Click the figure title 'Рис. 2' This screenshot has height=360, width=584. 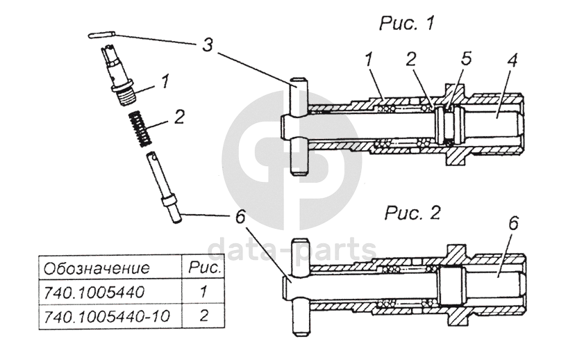tap(412, 212)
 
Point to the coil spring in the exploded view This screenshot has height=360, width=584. tap(140, 130)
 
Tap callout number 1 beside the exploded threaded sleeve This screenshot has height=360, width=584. tap(165, 81)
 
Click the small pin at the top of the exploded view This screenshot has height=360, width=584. tap(102, 34)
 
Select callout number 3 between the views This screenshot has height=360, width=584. tap(207, 45)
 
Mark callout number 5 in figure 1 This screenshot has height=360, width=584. tap(466, 58)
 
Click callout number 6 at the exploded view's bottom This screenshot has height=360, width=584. tap(240, 217)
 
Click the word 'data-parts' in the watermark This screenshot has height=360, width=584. tap(292, 248)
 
